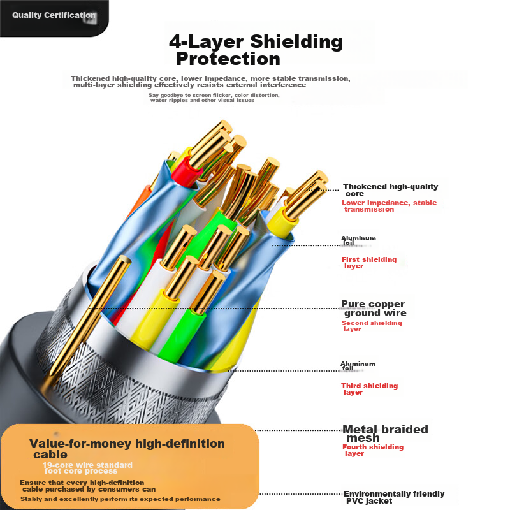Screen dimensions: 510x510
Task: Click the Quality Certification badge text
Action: click(x=53, y=15)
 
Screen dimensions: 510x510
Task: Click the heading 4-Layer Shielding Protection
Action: click(x=255, y=50)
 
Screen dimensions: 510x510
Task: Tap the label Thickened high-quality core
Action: click(x=390, y=189)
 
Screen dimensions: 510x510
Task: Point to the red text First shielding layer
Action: click(x=368, y=263)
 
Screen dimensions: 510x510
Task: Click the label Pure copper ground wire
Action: click(x=374, y=309)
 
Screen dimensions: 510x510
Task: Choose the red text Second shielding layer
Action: click(x=371, y=326)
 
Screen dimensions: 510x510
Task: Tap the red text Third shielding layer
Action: click(x=368, y=389)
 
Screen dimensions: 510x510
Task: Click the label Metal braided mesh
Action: click(x=384, y=433)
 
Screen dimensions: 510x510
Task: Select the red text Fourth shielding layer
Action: click(x=372, y=450)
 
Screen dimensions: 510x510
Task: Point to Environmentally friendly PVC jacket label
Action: click(x=393, y=497)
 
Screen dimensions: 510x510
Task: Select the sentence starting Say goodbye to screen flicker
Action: click(x=214, y=98)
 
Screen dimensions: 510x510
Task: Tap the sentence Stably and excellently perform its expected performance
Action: click(x=120, y=499)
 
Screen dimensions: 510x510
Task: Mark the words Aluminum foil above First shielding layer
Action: click(x=358, y=240)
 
